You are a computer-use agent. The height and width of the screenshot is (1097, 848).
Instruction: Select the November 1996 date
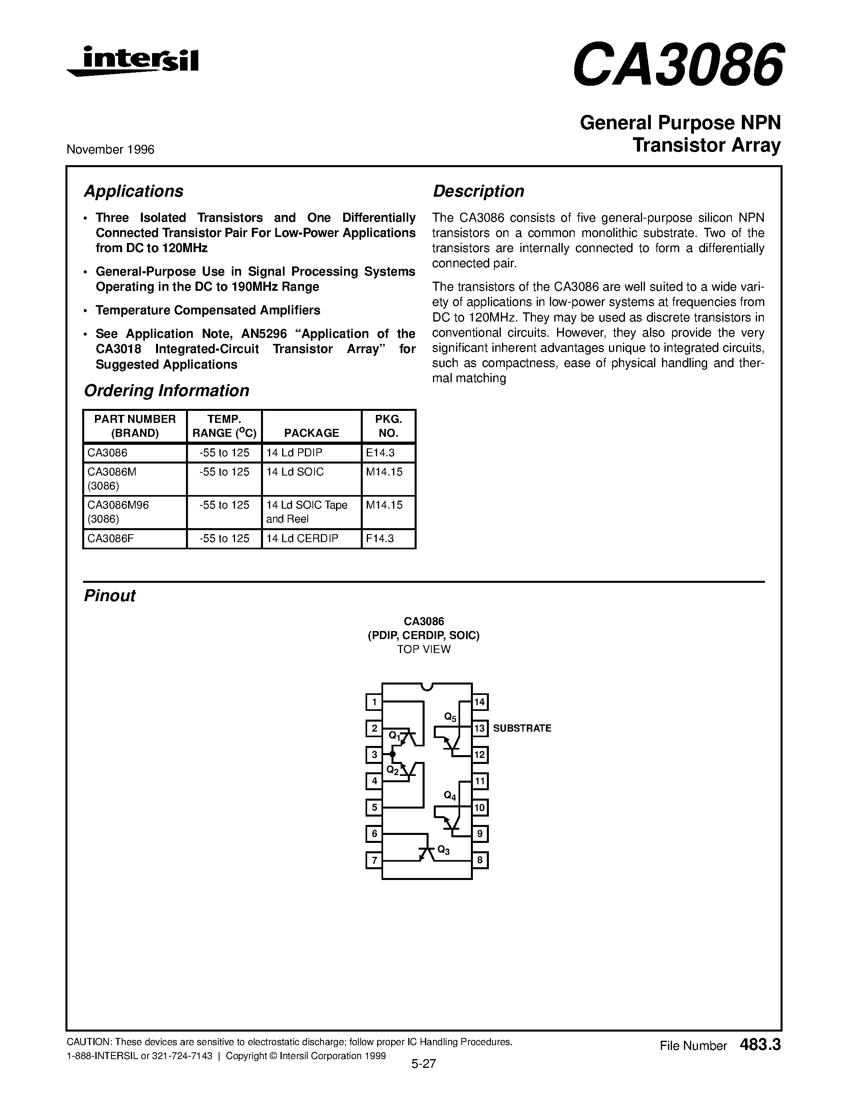click(110, 150)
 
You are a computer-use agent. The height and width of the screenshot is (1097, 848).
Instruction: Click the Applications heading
click(133, 191)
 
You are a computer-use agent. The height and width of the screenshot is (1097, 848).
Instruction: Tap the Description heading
click(478, 191)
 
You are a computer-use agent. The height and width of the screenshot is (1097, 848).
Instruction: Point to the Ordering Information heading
click(166, 391)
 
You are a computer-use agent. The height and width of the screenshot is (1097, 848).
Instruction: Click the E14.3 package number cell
click(380, 453)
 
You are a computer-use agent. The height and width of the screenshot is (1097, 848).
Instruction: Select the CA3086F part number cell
click(107, 539)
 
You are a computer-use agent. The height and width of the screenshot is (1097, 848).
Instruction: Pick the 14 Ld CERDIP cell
click(302, 539)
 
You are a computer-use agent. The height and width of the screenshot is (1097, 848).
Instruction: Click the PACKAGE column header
click(312, 432)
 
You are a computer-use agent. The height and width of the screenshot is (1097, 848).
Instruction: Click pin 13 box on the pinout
click(480, 728)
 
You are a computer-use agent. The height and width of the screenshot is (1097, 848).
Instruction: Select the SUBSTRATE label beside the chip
click(522, 728)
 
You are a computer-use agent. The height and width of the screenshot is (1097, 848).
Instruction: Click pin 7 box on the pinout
click(374, 860)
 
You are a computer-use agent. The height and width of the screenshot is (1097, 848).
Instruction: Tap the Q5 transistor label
click(450, 717)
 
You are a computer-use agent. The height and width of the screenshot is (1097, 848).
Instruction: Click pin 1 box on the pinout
click(374, 702)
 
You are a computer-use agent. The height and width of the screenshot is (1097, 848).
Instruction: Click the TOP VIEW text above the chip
click(423, 649)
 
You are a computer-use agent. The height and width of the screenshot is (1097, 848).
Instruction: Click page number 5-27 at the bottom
click(423, 1063)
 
